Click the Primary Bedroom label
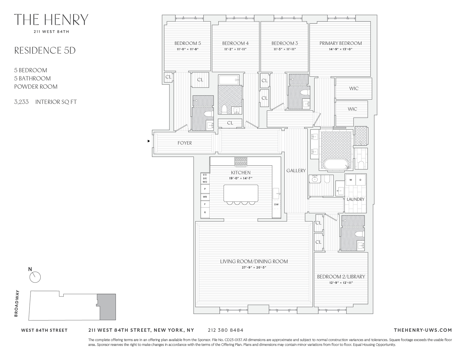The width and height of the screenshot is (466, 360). click(x=340, y=43)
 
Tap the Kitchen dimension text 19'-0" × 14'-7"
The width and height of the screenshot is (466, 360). click(x=241, y=178)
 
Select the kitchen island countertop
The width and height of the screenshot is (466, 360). click(x=241, y=193)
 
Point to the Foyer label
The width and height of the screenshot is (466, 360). click(x=185, y=143)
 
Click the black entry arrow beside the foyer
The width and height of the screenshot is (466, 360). click(x=149, y=141)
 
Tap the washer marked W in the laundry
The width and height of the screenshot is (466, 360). click(x=350, y=180)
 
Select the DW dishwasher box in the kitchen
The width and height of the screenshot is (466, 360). click(x=276, y=204)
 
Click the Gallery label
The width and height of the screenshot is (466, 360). click(x=296, y=171)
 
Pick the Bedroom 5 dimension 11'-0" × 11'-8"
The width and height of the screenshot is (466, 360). click(x=188, y=49)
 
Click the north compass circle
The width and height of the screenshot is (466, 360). click(x=35, y=277)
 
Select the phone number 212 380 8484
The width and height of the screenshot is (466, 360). click(x=225, y=330)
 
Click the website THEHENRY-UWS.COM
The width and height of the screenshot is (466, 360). click(x=423, y=330)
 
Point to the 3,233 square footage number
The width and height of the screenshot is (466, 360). click(x=21, y=102)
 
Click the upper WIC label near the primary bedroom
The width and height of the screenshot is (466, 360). click(x=354, y=88)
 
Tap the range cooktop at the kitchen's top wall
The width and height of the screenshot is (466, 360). click(x=241, y=162)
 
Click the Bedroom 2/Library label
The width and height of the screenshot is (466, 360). click(x=341, y=277)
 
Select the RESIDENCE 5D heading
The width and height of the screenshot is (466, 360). click(x=45, y=51)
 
